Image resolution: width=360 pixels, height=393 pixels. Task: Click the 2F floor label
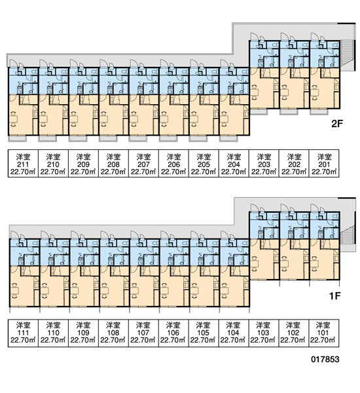[336, 124]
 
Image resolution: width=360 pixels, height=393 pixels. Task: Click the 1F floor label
[335, 296]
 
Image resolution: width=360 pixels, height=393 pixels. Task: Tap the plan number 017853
[325, 359]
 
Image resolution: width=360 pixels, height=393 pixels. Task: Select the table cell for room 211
[23, 163]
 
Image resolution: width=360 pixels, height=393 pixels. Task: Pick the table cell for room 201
[324, 163]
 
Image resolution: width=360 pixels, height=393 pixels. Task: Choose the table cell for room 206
[173, 163]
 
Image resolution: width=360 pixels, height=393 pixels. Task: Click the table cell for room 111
[23, 333]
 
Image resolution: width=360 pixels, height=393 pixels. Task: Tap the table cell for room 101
[324, 333]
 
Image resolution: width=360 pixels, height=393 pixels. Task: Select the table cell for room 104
[234, 333]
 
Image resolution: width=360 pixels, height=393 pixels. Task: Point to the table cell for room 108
[113, 333]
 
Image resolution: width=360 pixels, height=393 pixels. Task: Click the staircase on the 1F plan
[348, 234]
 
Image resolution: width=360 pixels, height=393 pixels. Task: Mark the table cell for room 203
[264, 163]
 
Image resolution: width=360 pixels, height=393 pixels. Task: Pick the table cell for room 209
[83, 163]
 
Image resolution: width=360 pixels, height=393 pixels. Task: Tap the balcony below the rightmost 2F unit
[319, 112]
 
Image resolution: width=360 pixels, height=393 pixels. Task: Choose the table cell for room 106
[173, 333]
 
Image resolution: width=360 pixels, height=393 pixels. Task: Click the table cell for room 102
[294, 333]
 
